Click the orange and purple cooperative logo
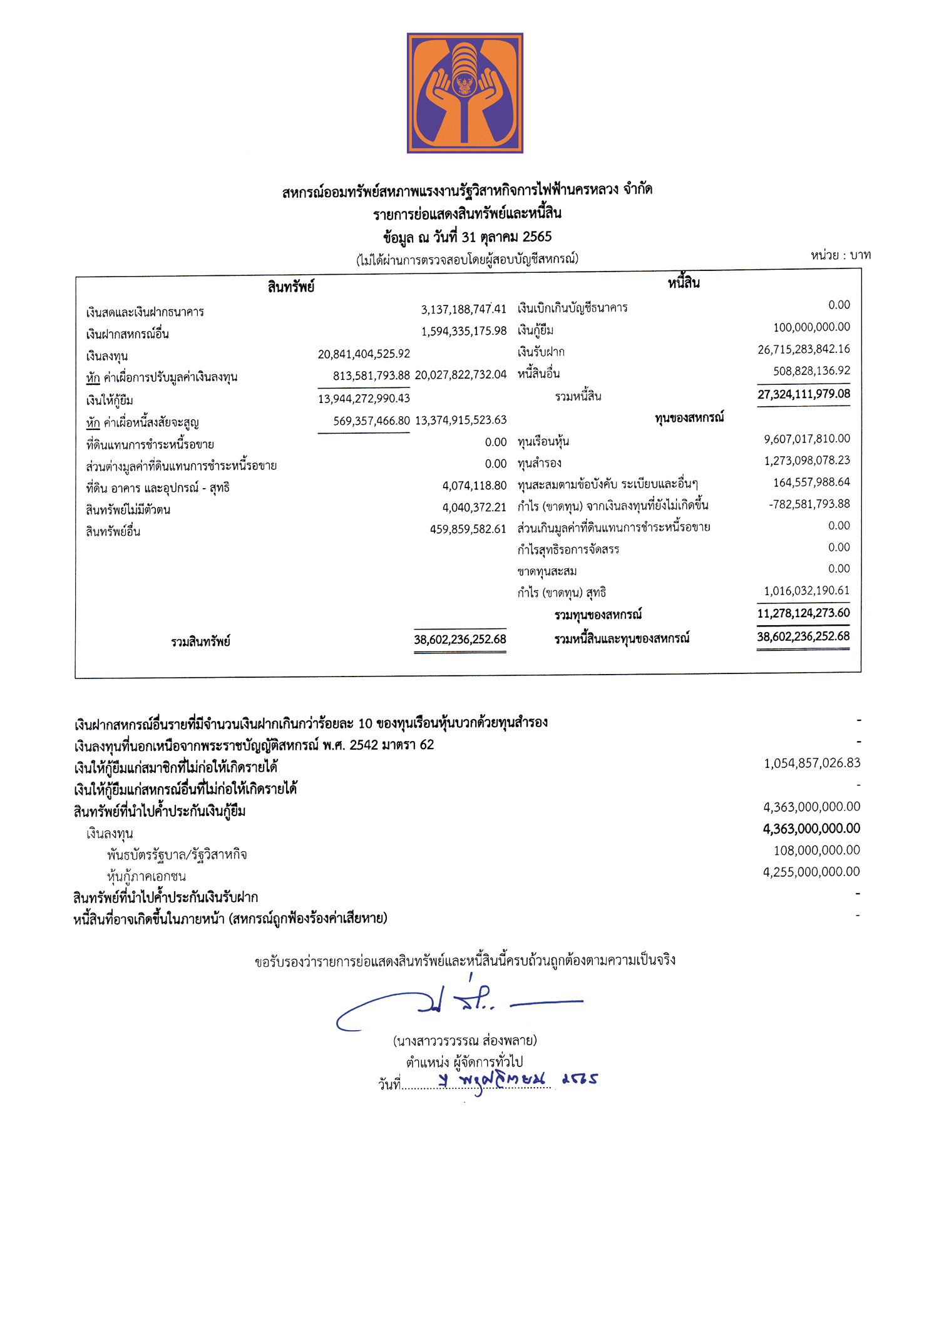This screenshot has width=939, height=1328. (464, 93)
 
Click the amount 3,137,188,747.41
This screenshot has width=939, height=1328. (463, 309)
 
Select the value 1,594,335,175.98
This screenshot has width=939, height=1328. (463, 331)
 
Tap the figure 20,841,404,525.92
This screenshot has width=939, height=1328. (364, 354)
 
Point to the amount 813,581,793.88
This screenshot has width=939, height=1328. (371, 375)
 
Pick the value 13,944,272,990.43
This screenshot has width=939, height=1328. (364, 399)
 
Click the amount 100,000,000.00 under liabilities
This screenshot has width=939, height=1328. (811, 327)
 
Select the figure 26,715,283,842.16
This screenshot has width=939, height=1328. (803, 349)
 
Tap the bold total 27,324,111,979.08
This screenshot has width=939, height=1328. (803, 394)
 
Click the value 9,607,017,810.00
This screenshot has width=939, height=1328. (806, 439)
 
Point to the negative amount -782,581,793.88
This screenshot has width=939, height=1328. (809, 504)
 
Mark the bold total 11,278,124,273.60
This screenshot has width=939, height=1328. (803, 613)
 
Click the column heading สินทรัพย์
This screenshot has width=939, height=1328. (290, 287)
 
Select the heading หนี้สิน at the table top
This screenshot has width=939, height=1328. (684, 283)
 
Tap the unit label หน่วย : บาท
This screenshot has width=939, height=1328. (840, 255)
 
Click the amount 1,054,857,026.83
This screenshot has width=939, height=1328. (811, 764)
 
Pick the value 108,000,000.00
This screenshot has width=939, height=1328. (816, 850)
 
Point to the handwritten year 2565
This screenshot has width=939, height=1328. (580, 1079)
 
